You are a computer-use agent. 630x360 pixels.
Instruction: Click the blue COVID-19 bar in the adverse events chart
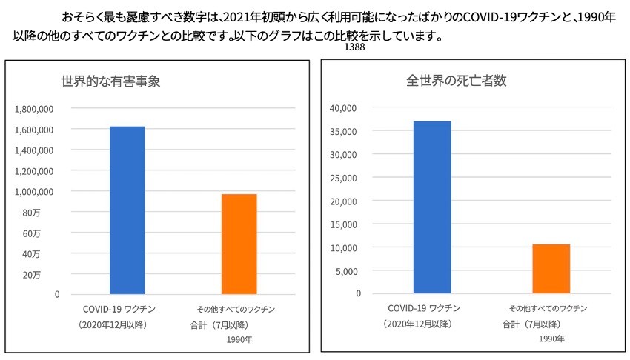[127, 210]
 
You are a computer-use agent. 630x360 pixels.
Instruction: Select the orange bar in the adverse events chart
[239, 244]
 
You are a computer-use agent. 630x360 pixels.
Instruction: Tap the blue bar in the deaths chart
[432, 207]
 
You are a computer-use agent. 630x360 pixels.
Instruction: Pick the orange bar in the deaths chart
[551, 268]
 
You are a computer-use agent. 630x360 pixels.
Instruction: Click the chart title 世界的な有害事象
[110, 81]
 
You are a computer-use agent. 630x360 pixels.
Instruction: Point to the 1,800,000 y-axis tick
[34, 109]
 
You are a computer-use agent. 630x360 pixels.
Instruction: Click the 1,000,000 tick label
[34, 192]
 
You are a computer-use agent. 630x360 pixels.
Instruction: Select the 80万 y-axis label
[52, 213]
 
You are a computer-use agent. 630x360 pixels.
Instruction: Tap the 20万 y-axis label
[52, 275]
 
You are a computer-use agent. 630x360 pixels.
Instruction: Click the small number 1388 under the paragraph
[354, 47]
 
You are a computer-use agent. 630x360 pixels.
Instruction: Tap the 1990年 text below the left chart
[239, 340]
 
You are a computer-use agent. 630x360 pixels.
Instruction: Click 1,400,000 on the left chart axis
[34, 150]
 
